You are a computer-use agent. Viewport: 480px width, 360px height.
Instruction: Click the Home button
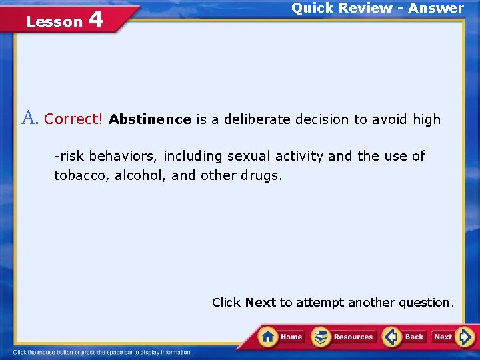pyautogui.click(x=281, y=337)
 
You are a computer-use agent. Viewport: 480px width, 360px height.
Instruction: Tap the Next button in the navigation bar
pyautogui.click(x=453, y=337)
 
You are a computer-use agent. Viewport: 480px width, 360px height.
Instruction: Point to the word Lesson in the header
pyautogui.click(x=53, y=21)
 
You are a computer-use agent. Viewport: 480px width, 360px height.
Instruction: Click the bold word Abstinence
pyautogui.click(x=150, y=120)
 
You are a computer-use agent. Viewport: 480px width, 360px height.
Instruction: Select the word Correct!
pyautogui.click(x=73, y=119)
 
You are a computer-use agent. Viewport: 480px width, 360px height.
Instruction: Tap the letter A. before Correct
pyautogui.click(x=30, y=119)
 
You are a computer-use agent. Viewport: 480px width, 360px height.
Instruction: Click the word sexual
pyautogui.click(x=248, y=156)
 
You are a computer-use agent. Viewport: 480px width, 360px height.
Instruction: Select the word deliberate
pyautogui.click(x=257, y=120)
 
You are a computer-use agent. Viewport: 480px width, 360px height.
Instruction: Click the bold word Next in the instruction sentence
pyautogui.click(x=260, y=303)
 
